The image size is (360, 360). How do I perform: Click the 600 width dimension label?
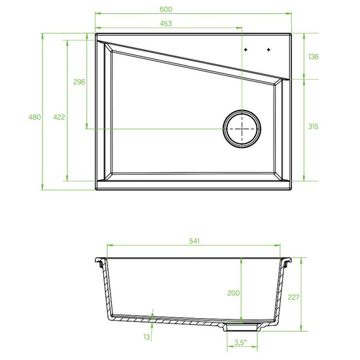click(x=166, y=9)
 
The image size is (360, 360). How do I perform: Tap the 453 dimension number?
click(x=166, y=24)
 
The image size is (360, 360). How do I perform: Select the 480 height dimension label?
click(x=35, y=117)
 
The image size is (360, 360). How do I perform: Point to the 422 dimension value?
click(x=59, y=117)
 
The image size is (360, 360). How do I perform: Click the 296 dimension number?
click(x=79, y=82)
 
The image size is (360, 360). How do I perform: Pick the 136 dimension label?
click(x=313, y=56)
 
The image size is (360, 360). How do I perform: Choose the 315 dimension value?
click(x=313, y=126)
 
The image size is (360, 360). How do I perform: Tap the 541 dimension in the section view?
click(x=194, y=241)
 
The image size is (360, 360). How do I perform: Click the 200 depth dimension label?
click(x=233, y=293)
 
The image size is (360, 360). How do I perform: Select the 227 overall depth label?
click(x=294, y=297)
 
